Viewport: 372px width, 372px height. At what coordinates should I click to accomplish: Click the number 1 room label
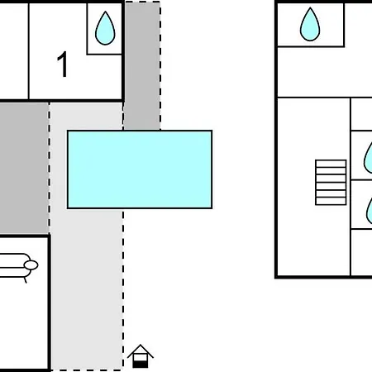(63, 64)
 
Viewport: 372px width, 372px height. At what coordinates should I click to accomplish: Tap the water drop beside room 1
(105, 29)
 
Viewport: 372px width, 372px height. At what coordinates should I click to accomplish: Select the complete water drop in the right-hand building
(310, 25)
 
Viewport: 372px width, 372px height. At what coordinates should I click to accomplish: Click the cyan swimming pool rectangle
(140, 169)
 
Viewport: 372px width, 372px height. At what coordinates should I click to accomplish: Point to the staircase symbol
(331, 183)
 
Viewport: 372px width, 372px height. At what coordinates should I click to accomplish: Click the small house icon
(141, 355)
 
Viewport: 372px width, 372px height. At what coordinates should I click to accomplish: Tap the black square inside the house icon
(141, 365)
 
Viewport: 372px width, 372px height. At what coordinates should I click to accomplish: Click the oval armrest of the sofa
(31, 265)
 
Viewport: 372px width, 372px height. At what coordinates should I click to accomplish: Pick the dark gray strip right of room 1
(142, 65)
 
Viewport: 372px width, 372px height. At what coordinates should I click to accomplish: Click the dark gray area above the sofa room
(24, 169)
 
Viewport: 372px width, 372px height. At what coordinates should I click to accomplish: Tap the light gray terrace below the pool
(87, 289)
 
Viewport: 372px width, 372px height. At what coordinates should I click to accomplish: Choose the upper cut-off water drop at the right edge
(368, 158)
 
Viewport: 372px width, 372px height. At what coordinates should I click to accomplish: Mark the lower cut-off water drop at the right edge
(370, 211)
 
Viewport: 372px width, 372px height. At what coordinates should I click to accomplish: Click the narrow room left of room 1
(14, 51)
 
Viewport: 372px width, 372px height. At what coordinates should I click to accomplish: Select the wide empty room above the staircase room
(325, 72)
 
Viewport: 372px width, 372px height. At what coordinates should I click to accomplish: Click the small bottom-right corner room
(361, 252)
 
